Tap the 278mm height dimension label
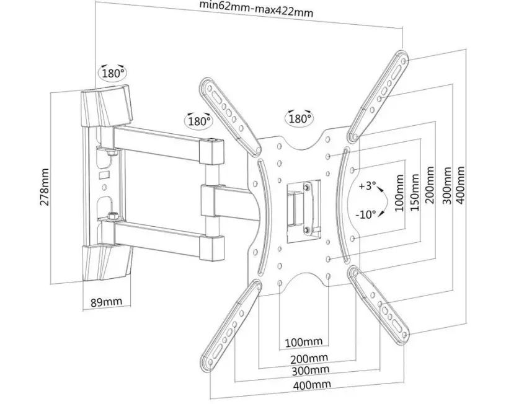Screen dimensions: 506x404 [45, 187]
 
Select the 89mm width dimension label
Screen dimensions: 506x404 [107, 302]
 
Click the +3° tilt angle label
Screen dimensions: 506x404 [368, 186]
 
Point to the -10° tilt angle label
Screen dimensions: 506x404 [366, 214]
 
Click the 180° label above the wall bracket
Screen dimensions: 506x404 [113, 73]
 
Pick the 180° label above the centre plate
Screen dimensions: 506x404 [300, 118]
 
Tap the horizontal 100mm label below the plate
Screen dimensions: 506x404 [304, 342]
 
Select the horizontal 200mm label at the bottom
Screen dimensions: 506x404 [309, 358]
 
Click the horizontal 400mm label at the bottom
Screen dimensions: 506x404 [312, 384]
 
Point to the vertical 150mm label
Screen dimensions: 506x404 [415, 193]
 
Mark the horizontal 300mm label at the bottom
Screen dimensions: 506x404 [311, 371]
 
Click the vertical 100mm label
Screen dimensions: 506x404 [399, 193]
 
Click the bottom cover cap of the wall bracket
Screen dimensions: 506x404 [107, 263]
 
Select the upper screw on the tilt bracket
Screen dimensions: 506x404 [306, 187]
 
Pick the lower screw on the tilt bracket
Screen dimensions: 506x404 [306, 229]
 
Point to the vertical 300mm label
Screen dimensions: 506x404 [447, 185]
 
